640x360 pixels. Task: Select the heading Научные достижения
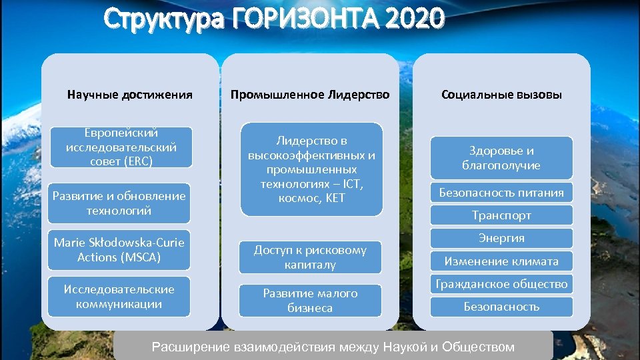[130, 95]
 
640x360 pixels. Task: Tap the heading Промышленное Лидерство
[310, 95]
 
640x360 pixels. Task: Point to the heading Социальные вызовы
[501, 95]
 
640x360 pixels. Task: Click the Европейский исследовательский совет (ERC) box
[121, 147]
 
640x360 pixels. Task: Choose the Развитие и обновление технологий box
[120, 203]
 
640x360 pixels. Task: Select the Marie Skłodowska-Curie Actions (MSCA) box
[119, 250]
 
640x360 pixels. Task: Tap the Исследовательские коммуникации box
[119, 297]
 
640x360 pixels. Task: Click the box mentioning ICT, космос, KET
[311, 169]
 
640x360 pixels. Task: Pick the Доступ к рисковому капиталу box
[310, 257]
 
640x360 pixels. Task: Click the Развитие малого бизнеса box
[310, 301]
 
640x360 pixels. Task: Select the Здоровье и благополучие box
[501, 158]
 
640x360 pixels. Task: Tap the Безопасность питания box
[501, 193]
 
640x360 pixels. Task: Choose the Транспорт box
[501, 215]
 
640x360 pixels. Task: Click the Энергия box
[501, 238]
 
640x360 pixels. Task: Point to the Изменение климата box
[501, 261]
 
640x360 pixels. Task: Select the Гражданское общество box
[501, 284]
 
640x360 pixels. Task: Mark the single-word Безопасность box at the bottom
[501, 307]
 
